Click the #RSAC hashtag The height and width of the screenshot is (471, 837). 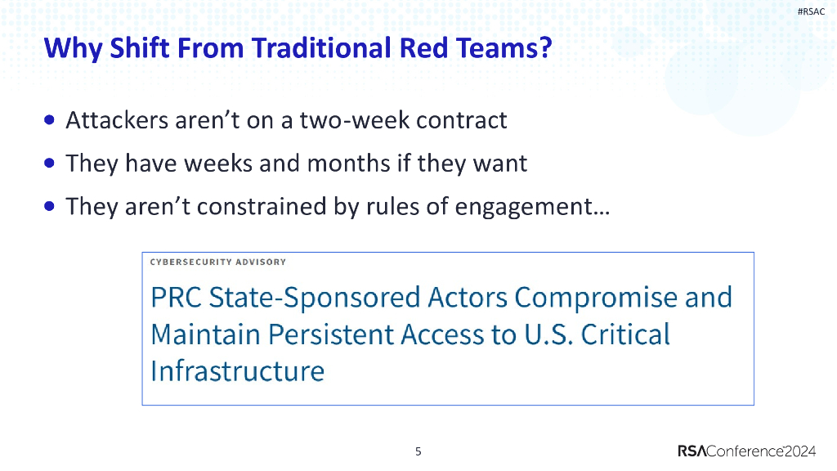(811, 11)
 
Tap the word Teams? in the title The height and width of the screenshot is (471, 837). (504, 47)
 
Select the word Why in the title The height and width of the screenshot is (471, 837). (73, 49)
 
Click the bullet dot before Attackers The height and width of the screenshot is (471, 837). (50, 119)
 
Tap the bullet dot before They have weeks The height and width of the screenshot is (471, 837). (50, 163)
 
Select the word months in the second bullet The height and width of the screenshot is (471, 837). (348, 164)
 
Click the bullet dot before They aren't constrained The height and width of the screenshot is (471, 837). (50, 206)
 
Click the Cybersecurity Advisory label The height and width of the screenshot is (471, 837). (217, 262)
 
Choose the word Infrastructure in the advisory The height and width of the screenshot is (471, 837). (238, 371)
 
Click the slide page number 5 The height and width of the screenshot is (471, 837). (418, 451)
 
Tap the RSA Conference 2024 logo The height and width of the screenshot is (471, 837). (747, 451)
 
